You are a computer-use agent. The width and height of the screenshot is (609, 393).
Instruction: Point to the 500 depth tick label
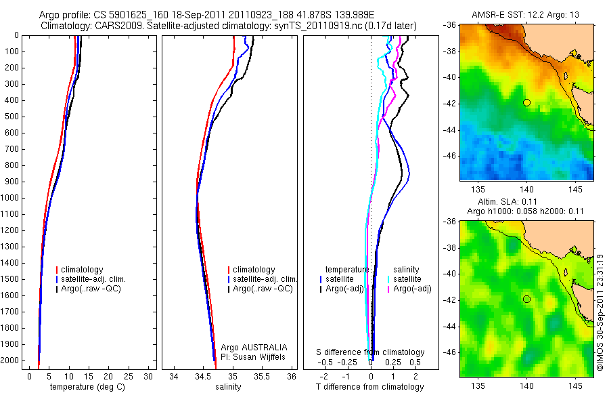pos(12,117)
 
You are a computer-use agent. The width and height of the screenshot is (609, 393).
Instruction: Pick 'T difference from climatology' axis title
pos(369,387)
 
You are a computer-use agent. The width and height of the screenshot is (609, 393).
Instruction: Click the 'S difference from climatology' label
pos(371,352)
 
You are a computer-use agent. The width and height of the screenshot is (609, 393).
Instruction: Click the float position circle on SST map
pos(526,102)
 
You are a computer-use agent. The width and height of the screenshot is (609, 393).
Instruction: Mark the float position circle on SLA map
pos(526,299)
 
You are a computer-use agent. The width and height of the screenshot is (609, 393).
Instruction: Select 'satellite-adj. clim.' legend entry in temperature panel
pos(98,279)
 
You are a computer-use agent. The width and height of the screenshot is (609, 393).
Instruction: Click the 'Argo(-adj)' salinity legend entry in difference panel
pos(413,289)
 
